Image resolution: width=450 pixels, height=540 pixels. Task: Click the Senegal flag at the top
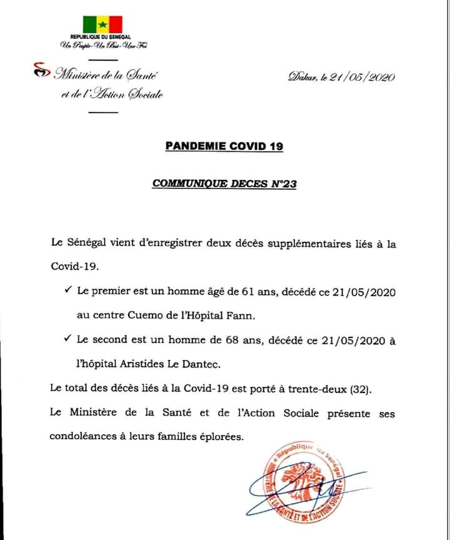click(102, 24)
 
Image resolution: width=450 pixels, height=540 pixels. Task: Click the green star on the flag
click(102, 25)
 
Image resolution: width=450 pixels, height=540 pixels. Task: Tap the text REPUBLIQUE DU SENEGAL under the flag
click(103, 37)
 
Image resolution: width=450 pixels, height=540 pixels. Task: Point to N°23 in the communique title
click(282, 184)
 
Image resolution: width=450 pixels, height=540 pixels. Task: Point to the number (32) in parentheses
click(361, 389)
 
